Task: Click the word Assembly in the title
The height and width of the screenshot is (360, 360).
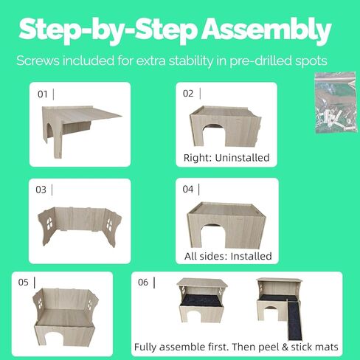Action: click(267, 31)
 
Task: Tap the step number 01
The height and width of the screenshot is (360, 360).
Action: click(42, 94)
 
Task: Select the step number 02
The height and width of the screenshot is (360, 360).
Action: click(188, 94)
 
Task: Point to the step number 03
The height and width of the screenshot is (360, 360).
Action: click(41, 190)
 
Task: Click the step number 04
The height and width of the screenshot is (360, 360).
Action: click(188, 190)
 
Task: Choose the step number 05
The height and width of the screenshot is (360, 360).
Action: click(24, 283)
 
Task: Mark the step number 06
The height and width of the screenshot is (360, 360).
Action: click(143, 283)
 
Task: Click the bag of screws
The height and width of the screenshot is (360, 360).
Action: click(336, 103)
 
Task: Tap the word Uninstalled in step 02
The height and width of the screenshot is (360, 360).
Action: click(242, 158)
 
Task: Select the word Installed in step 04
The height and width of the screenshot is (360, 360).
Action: click(251, 257)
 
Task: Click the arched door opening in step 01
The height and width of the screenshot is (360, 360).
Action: click(50, 133)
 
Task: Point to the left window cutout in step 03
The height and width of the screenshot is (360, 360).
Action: click(49, 224)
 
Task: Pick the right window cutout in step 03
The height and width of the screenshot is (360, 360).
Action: click(109, 225)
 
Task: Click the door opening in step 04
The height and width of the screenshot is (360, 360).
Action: click(213, 237)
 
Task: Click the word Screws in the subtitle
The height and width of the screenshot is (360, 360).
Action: click(38, 60)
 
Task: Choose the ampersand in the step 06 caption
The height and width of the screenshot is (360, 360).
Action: click(285, 347)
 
